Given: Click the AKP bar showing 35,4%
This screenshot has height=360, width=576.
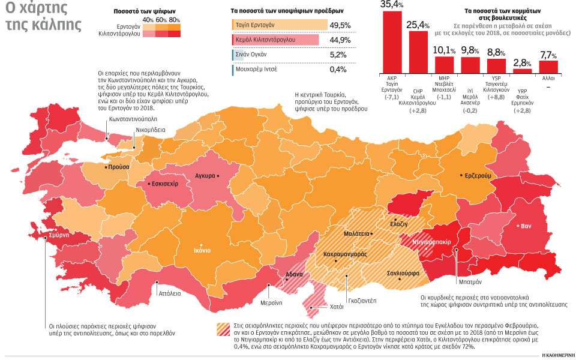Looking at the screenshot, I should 392,41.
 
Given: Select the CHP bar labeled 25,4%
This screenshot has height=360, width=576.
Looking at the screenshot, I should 418,51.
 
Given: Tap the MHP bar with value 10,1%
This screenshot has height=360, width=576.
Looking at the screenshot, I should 444,64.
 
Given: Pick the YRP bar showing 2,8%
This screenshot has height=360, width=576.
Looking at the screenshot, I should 523,71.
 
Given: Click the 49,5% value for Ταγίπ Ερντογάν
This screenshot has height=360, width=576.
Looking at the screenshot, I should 340,25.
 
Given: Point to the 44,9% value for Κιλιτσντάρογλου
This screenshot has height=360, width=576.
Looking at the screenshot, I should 340,40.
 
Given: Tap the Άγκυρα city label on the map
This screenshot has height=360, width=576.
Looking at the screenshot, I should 205,176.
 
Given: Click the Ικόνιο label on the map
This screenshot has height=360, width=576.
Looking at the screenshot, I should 202,250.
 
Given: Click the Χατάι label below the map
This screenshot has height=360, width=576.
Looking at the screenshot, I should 337,306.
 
